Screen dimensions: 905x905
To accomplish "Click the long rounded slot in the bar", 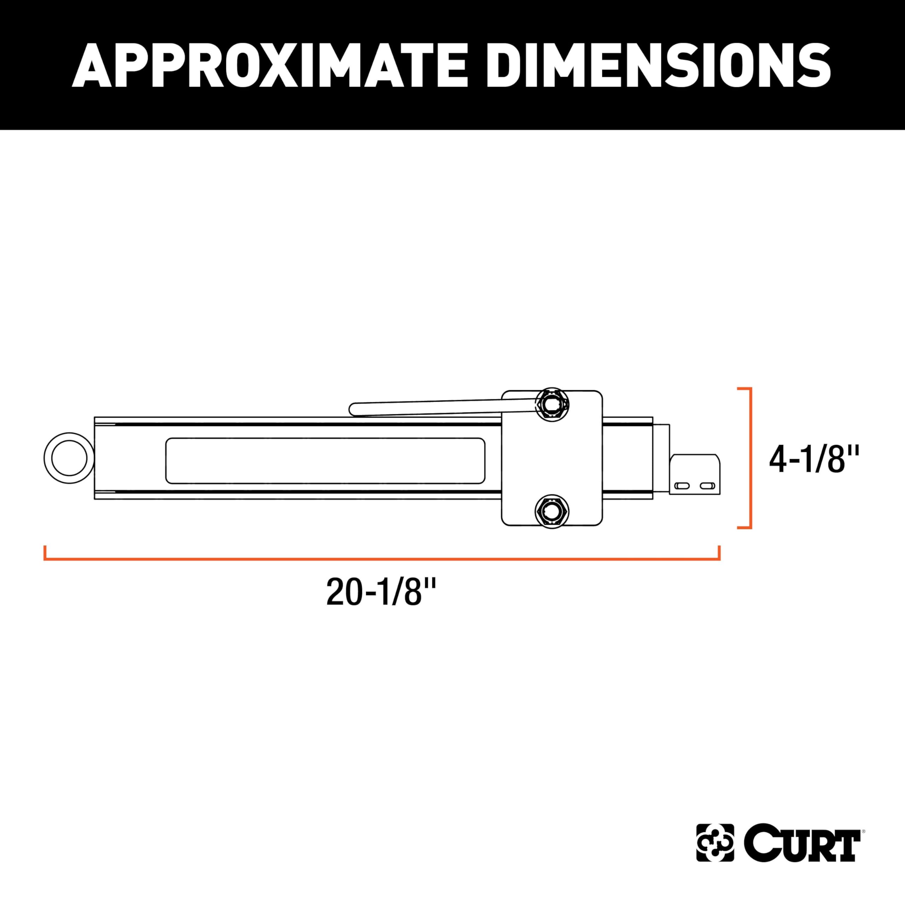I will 325,461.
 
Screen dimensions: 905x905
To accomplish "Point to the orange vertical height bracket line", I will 751,458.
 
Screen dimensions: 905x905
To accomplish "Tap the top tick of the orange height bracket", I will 745,388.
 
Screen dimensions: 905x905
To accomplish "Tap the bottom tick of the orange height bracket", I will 745,528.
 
